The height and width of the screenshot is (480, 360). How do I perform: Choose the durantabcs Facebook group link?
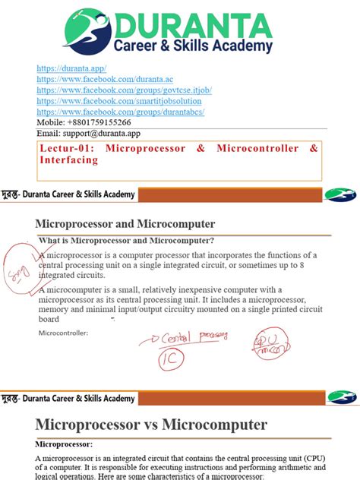click(121, 112)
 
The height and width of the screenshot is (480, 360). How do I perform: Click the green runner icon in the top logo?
click(86, 27)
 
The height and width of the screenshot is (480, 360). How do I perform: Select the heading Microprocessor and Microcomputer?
click(125, 224)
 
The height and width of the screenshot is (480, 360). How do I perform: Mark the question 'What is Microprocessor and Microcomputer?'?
click(126, 241)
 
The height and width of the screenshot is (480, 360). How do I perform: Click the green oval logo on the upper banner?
click(339, 194)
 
